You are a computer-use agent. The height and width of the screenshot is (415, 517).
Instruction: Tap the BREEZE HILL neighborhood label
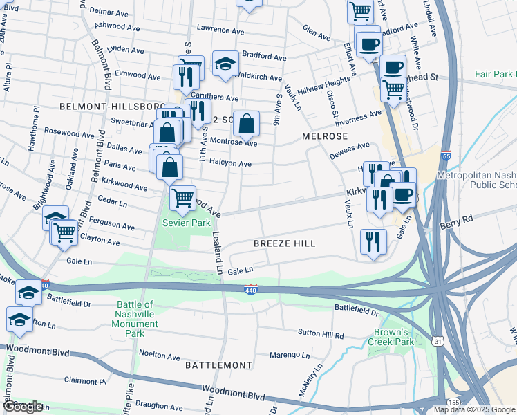[284, 243]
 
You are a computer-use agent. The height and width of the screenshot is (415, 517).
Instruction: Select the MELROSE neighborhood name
[323, 137]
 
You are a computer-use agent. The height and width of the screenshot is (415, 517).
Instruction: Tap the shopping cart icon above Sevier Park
[182, 199]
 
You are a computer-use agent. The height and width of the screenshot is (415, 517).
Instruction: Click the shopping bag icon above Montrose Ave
[246, 124]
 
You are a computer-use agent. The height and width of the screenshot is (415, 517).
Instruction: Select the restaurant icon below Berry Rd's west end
[373, 242]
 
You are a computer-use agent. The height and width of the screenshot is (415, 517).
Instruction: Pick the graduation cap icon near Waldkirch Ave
[225, 64]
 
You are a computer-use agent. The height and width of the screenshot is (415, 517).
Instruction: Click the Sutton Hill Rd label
[321, 335]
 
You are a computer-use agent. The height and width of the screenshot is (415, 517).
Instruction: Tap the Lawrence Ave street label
[220, 31]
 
